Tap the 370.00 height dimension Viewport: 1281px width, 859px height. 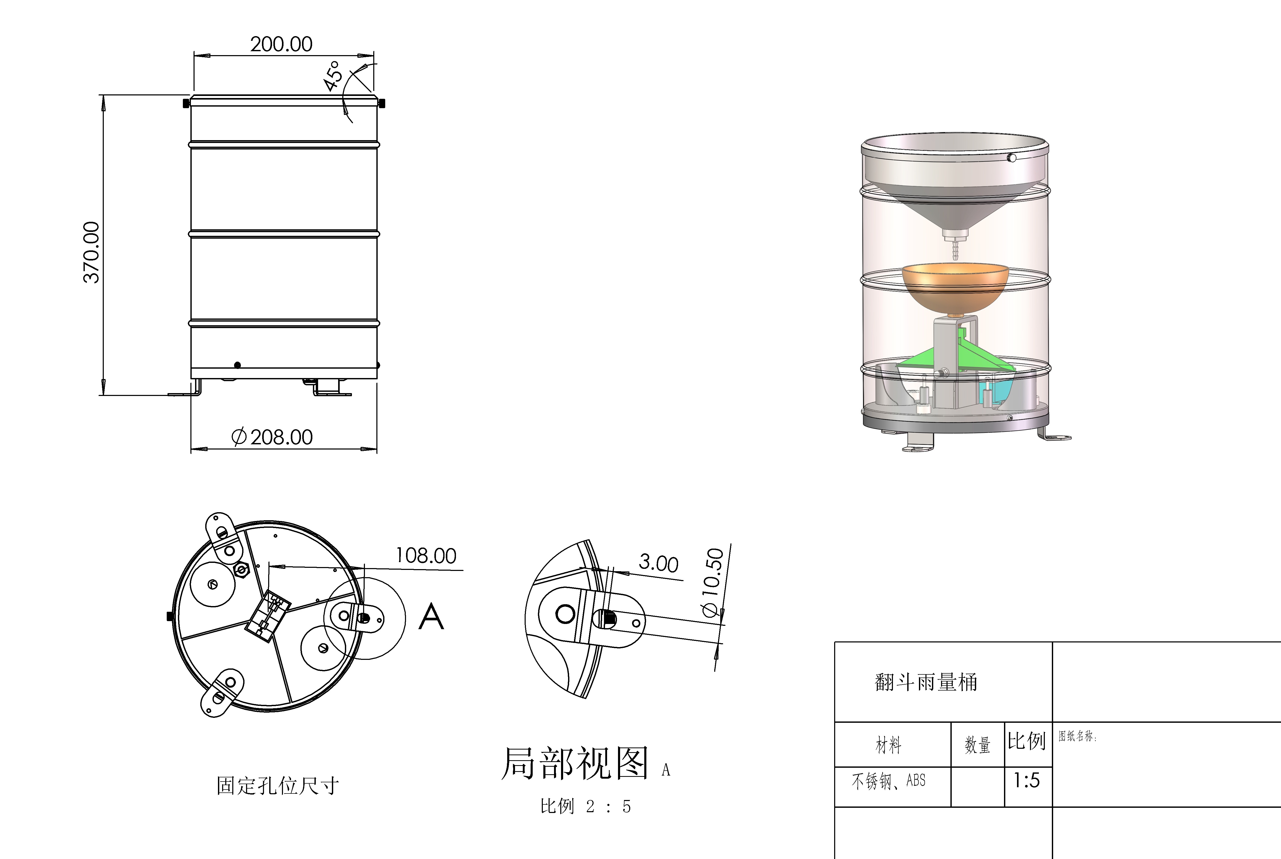point(92,252)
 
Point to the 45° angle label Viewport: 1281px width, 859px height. point(333,76)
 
